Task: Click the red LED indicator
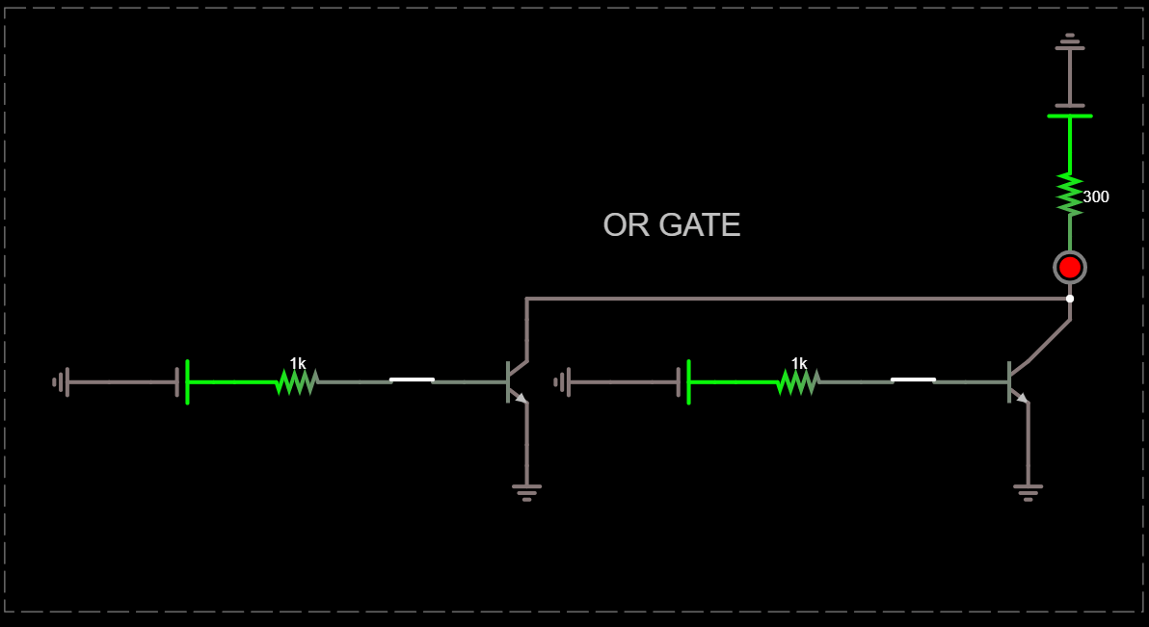[1070, 267]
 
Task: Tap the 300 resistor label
[1096, 196]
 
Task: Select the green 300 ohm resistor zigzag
[1070, 194]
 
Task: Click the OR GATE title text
[671, 224]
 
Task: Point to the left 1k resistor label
[298, 363]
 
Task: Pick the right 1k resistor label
[799, 363]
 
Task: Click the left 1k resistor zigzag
[297, 382]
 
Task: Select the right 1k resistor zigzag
[798, 382]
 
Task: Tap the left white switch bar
[412, 379]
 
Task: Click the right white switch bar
[913, 379]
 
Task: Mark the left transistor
[515, 381]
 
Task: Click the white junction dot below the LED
[1070, 299]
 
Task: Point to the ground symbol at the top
[1070, 41]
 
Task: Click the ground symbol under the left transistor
[526, 491]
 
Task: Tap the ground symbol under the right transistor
[1029, 491]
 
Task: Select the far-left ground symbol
[61, 382]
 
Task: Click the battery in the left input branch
[182, 382]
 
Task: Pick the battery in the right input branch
[683, 382]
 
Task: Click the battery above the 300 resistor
[1070, 111]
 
